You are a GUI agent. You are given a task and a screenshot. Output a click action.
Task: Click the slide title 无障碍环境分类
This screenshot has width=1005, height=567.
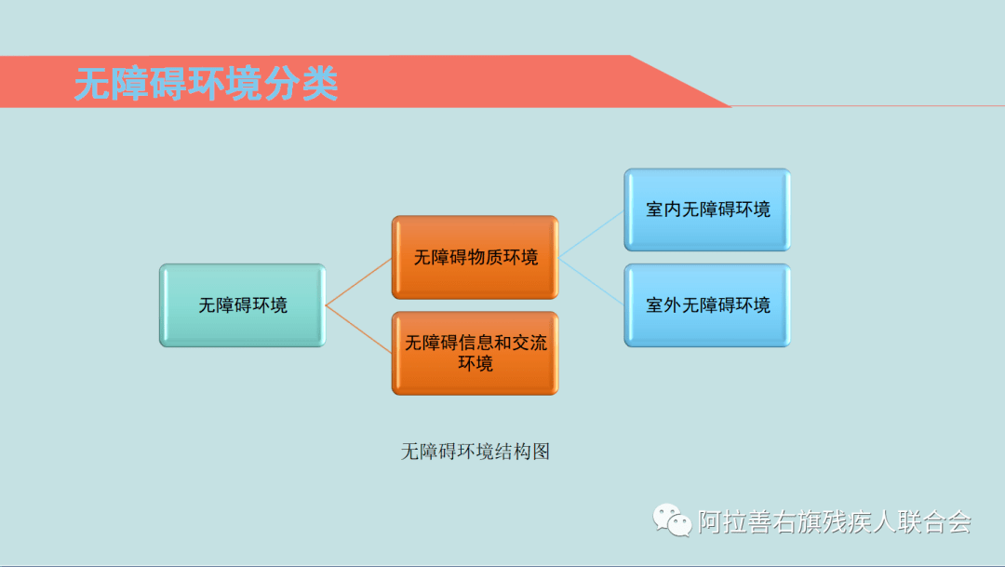(x=206, y=84)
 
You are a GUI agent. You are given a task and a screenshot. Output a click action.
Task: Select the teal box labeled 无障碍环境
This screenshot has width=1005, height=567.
(x=243, y=305)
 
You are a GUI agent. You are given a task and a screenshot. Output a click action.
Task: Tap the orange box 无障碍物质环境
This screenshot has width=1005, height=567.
(x=476, y=257)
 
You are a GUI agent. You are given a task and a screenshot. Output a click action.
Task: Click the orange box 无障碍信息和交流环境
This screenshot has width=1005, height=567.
(x=476, y=353)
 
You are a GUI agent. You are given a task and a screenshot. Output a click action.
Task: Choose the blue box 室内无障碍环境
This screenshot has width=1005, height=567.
(x=707, y=209)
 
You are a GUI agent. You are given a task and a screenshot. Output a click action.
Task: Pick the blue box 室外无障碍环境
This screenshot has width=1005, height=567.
(x=707, y=305)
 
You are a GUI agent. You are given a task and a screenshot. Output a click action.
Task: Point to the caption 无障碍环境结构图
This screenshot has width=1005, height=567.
(x=476, y=452)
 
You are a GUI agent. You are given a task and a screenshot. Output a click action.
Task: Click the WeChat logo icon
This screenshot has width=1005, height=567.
(x=672, y=520)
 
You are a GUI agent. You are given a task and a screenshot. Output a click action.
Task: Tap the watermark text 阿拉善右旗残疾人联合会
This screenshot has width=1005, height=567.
(x=835, y=521)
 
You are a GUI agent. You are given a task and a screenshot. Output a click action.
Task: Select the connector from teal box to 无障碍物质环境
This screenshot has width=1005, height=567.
(x=358, y=281)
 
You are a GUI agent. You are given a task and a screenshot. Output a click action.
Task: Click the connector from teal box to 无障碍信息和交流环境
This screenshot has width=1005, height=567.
(x=358, y=329)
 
